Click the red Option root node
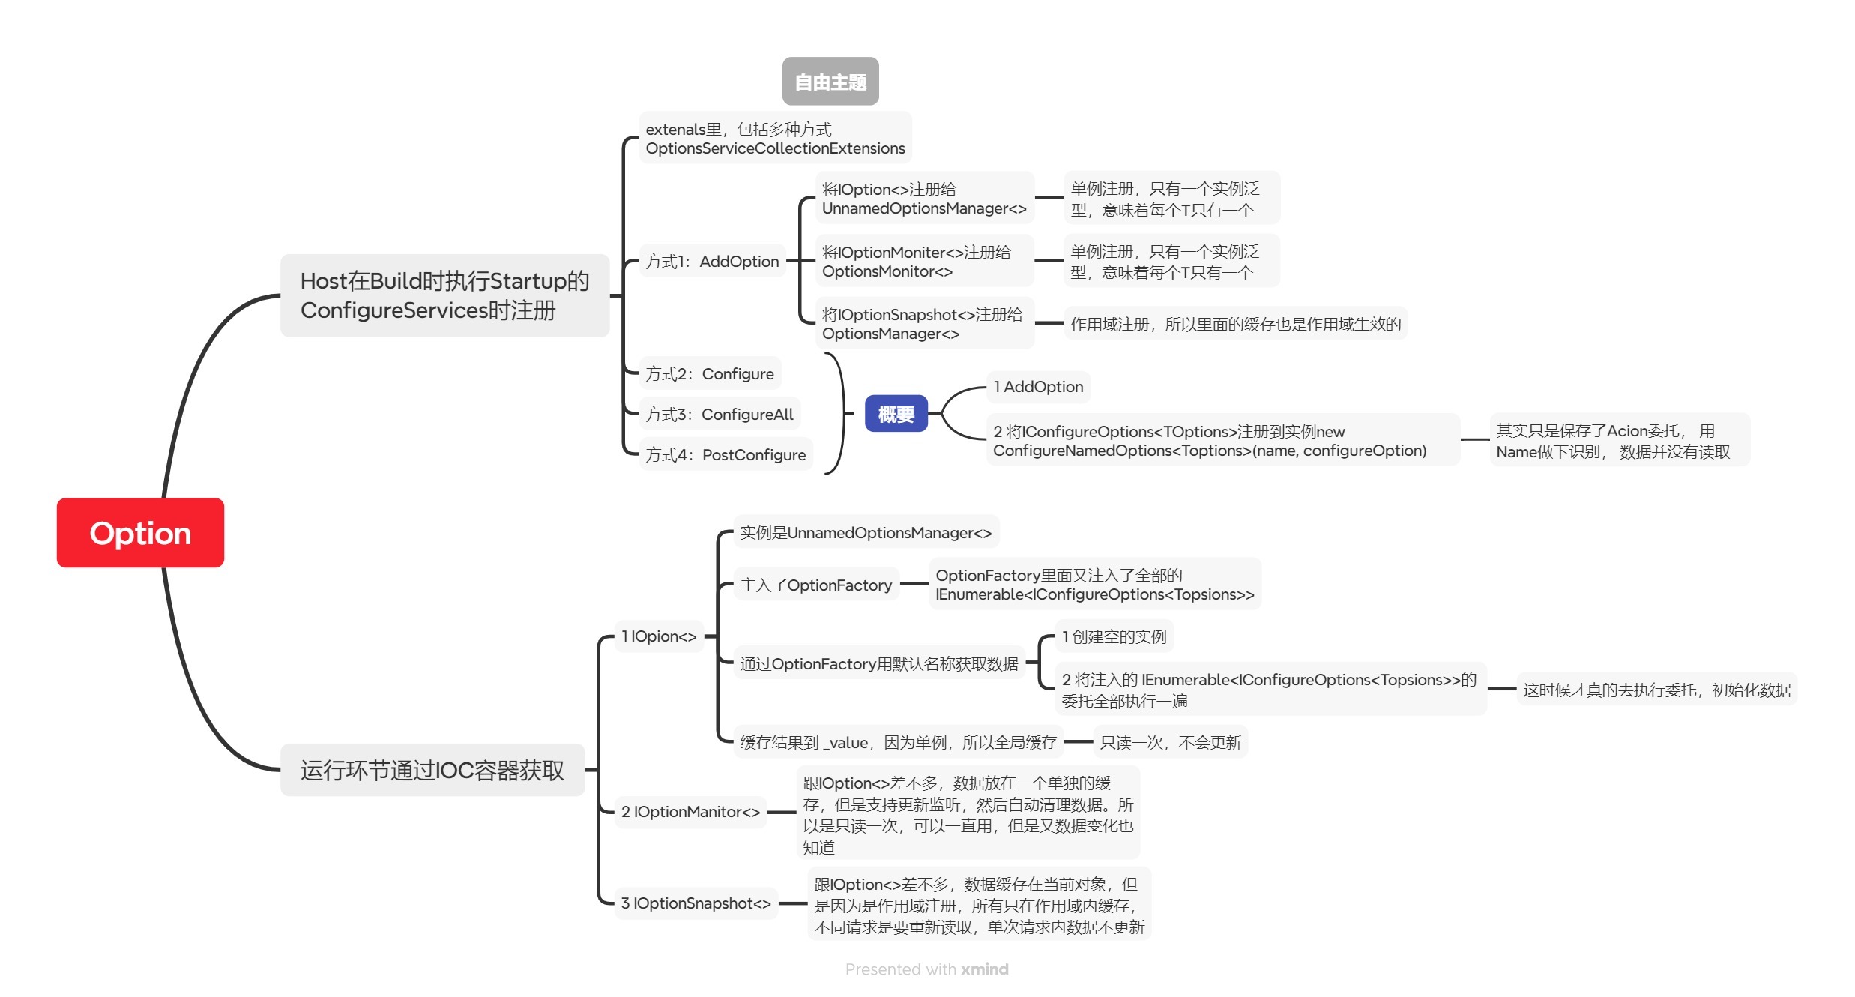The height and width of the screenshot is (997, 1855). pyautogui.click(x=140, y=533)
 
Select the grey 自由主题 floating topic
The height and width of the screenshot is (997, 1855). pyautogui.click(x=830, y=82)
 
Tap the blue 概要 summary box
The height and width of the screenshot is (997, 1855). pyautogui.click(x=896, y=414)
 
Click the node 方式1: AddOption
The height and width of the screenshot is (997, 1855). pyautogui.click(x=712, y=262)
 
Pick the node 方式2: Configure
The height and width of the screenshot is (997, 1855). pyautogui.click(x=710, y=373)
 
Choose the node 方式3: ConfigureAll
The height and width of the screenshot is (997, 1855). pyautogui.click(x=720, y=414)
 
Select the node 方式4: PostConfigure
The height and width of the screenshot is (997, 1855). pyautogui.click(x=726, y=454)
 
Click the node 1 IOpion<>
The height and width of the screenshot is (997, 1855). pyautogui.click(x=659, y=636)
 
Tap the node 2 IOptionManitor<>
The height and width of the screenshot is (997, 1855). pyautogui.click(x=690, y=812)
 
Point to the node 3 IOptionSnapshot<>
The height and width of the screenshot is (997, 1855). pyautogui.click(x=696, y=903)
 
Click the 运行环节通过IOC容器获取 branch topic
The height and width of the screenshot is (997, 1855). pyautogui.click(x=432, y=770)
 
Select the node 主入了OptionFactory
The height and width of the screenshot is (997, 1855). pyautogui.click(x=816, y=585)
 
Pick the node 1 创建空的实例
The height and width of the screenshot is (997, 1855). pyautogui.click(x=1114, y=636)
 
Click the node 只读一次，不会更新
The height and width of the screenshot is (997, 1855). pyautogui.click(x=1170, y=742)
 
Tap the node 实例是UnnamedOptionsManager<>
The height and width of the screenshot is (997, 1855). pyautogui.click(x=866, y=532)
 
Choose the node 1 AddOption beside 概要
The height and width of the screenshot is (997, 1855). pyautogui.click(x=1038, y=387)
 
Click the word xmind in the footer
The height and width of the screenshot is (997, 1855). pyautogui.click(x=985, y=969)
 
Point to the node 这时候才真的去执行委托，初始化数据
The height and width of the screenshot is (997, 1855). pyautogui.click(x=1656, y=690)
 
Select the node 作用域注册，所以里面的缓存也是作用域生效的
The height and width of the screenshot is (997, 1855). pyautogui.click(x=1235, y=324)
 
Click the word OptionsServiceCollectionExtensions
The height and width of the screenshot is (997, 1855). pyautogui.click(x=775, y=148)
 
